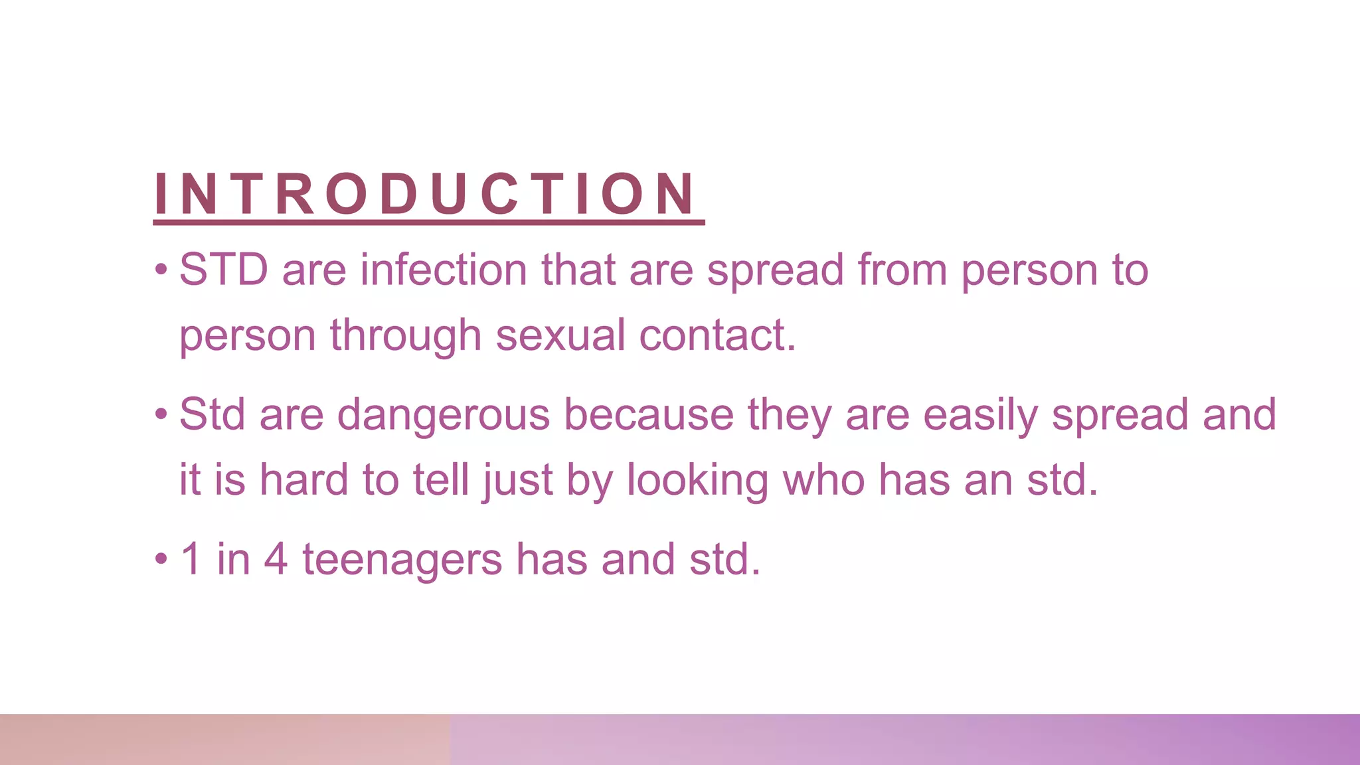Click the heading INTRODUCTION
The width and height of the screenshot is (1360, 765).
pyautogui.click(x=425, y=194)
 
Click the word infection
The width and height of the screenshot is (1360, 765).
pyautogui.click(x=444, y=270)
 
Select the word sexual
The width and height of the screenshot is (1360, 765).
pyautogui.click(x=560, y=335)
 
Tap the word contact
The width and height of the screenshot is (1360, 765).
pyautogui.click(x=717, y=335)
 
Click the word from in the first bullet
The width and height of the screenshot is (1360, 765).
pyautogui.click(x=902, y=270)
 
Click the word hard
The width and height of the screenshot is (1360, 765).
pyautogui.click(x=303, y=479)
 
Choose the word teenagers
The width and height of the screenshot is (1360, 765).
pyautogui.click(x=402, y=559)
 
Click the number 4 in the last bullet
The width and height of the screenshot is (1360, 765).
pyautogui.click(x=276, y=559)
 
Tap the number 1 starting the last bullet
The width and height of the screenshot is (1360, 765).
pyautogui.click(x=191, y=559)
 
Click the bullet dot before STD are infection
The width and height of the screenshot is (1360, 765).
pyautogui.click(x=161, y=270)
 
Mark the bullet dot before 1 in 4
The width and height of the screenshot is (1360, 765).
pyautogui.click(x=161, y=559)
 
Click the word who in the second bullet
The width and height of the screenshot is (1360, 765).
pyautogui.click(x=823, y=479)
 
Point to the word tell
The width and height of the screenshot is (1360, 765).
pyautogui.click(x=441, y=479)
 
